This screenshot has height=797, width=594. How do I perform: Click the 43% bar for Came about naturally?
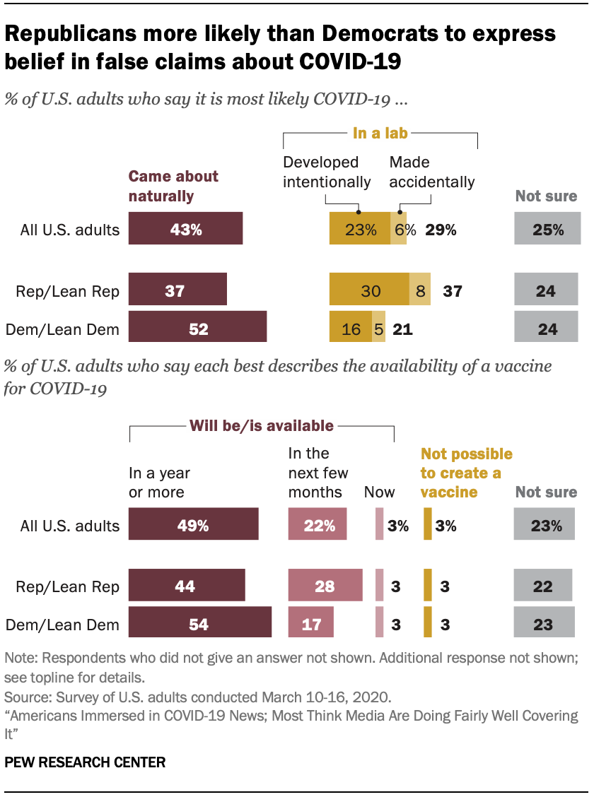click(185, 229)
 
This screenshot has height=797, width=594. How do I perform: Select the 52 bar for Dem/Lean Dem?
click(197, 329)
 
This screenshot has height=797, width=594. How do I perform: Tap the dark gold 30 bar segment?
click(369, 290)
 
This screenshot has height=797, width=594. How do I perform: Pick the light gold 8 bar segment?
click(420, 290)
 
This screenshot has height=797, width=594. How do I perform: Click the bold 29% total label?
click(441, 229)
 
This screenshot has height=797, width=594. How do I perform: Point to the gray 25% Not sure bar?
click(547, 229)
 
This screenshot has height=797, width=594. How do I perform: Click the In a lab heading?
click(381, 132)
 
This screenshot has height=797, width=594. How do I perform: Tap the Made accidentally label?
click(431, 172)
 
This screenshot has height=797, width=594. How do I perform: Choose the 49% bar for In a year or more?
click(193, 525)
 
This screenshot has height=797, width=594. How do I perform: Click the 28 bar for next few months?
click(325, 586)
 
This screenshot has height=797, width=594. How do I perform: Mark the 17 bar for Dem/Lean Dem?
click(311, 624)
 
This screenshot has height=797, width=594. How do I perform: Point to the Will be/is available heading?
click(260, 425)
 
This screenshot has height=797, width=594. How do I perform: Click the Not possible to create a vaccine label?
click(466, 473)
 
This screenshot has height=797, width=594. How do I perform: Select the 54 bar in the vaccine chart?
click(200, 624)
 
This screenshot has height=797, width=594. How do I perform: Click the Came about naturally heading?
click(173, 186)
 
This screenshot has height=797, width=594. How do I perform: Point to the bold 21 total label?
click(402, 329)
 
